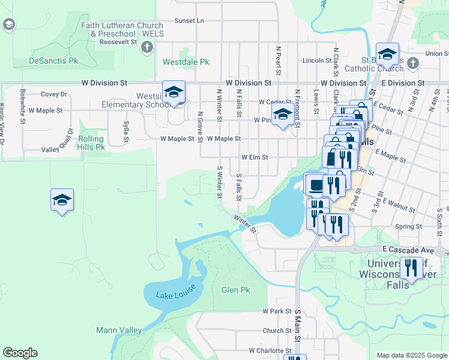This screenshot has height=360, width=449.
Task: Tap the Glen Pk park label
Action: click(235, 290)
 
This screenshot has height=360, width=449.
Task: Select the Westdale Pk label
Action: click(185, 62)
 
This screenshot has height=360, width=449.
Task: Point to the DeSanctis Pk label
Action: click(53, 61)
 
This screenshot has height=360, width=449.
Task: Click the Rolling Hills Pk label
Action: click(91, 143)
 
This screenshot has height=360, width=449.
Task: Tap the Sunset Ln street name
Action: click(189, 20)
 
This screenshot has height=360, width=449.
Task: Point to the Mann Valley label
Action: click(119, 330)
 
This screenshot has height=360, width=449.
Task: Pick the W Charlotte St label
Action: click(270, 350)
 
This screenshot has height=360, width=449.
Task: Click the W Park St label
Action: click(277, 311)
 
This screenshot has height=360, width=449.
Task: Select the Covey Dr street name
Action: click(54, 94)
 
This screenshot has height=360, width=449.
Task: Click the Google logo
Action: click(20, 353)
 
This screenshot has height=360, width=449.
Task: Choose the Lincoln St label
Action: click(316, 61)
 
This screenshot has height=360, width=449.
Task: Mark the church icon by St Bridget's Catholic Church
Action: click(412, 63)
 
